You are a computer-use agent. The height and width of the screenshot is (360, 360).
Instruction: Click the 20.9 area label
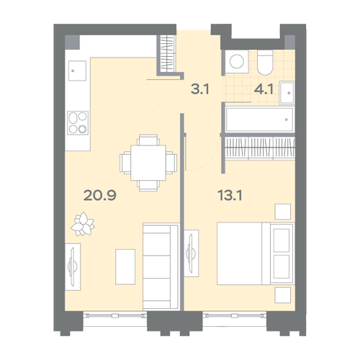100,195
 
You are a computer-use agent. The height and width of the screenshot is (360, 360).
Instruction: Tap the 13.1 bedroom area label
230,195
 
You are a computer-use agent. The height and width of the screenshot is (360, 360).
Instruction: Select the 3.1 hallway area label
200,89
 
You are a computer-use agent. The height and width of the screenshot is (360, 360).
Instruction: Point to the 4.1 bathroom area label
264,89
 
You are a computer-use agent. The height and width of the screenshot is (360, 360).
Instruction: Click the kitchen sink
77,71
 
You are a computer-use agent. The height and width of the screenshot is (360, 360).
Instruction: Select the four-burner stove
78,122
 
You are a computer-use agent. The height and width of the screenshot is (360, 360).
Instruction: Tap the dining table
148,163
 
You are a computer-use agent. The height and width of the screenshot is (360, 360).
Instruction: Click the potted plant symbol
83,224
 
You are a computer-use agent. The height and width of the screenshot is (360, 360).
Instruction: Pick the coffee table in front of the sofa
125,266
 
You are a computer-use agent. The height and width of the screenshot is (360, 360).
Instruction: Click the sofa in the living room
161,266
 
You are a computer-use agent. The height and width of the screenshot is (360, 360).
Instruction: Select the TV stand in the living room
73,267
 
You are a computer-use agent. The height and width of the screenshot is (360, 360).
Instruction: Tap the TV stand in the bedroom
192,253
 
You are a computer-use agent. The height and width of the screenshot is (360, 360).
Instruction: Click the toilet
265,63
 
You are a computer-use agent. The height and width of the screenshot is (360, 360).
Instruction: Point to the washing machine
237,61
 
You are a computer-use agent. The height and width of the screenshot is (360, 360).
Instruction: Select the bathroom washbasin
287,93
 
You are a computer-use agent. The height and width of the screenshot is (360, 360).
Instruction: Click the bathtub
259,120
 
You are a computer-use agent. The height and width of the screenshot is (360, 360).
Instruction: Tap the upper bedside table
283,212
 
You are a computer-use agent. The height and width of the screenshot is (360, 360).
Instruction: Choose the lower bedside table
283,295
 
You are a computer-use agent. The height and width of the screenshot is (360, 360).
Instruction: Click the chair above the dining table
148,140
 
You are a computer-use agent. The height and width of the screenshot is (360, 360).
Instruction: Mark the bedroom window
235,319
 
